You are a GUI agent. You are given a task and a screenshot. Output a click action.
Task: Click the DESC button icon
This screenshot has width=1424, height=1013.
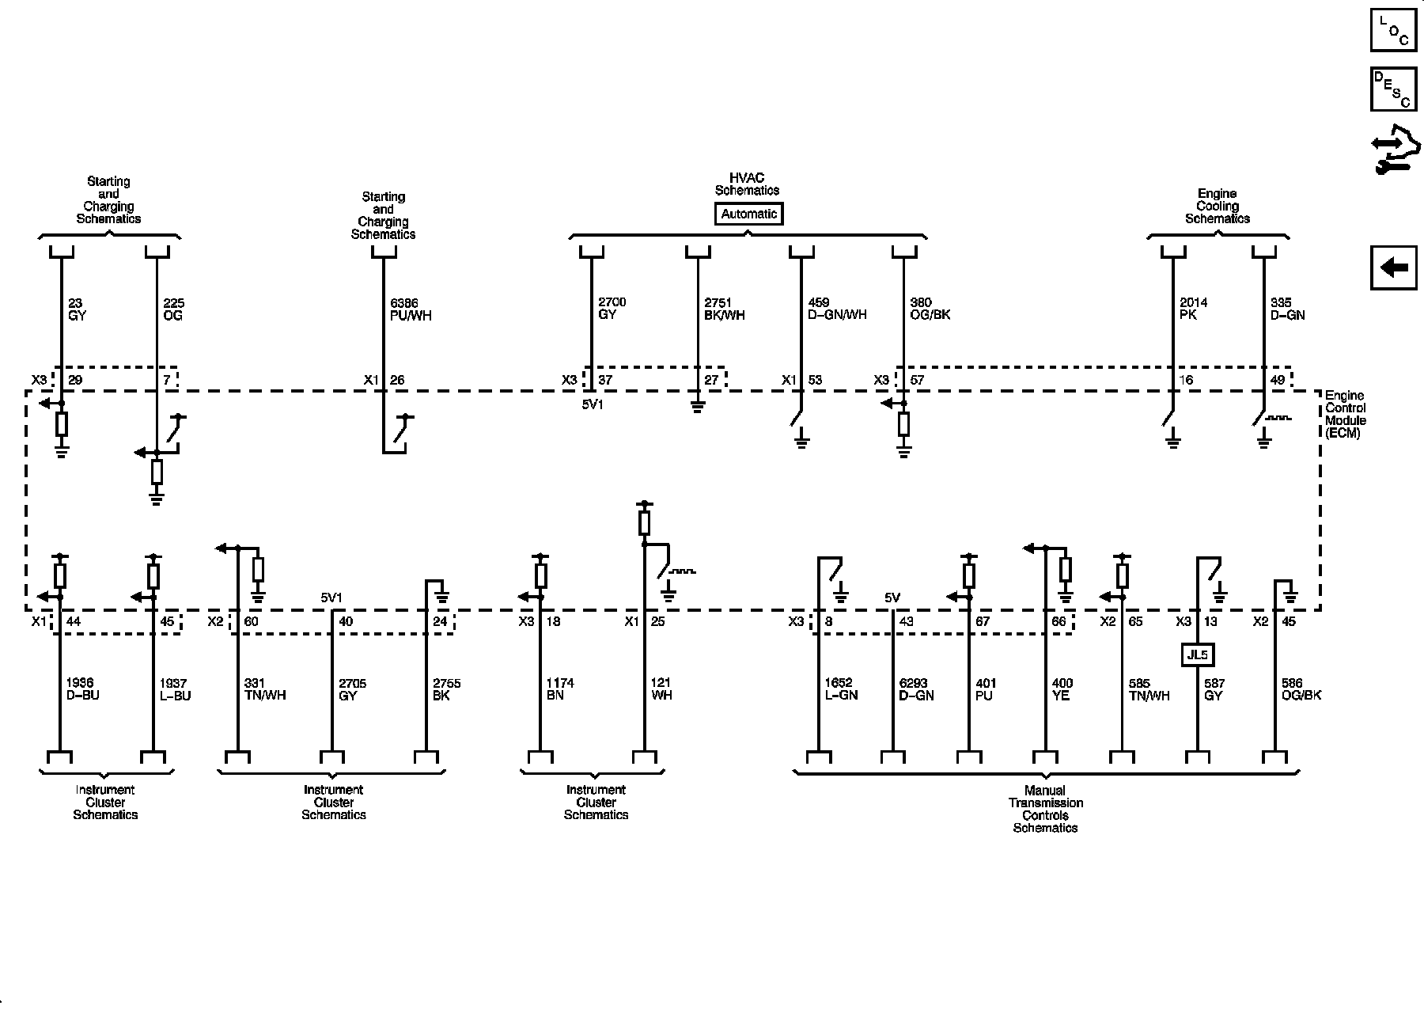pyautogui.click(x=1393, y=89)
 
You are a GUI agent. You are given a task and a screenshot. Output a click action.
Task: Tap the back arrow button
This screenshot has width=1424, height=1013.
pyautogui.click(x=1393, y=267)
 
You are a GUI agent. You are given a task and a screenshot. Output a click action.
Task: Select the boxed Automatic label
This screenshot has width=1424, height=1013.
pyautogui.click(x=748, y=214)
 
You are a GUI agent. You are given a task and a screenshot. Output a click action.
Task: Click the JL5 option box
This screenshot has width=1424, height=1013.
pyautogui.click(x=1198, y=654)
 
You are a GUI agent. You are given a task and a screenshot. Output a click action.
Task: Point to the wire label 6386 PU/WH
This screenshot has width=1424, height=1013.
pyautogui.click(x=411, y=309)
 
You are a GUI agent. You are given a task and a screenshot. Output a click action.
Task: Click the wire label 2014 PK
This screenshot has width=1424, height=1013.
pyautogui.click(x=1193, y=309)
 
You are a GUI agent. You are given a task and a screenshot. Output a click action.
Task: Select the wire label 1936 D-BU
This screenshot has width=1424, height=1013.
pyautogui.click(x=83, y=689)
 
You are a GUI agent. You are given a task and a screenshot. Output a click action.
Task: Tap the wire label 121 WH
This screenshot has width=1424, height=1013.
pyautogui.click(x=661, y=689)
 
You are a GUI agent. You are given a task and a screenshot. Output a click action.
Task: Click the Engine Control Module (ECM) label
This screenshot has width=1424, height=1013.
pyautogui.click(x=1345, y=414)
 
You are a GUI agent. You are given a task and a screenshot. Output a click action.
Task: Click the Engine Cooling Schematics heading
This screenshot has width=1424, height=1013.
pyautogui.click(x=1217, y=206)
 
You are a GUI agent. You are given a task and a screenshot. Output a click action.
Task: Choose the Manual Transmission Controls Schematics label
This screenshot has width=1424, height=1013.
pyautogui.click(x=1045, y=809)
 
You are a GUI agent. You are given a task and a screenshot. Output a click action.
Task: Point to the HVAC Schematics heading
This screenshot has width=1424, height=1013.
pyautogui.click(x=747, y=184)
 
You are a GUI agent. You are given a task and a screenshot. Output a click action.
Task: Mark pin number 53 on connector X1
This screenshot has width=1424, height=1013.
pyautogui.click(x=815, y=380)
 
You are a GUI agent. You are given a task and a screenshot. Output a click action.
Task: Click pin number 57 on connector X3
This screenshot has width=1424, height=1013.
pyautogui.click(x=917, y=380)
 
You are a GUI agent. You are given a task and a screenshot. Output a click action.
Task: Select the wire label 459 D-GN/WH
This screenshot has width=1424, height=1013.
pyautogui.click(x=837, y=309)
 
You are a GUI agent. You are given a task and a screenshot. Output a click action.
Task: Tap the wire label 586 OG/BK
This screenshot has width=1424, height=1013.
pyautogui.click(x=1301, y=689)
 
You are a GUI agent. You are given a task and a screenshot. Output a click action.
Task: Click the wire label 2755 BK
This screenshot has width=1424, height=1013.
pyautogui.click(x=446, y=689)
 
